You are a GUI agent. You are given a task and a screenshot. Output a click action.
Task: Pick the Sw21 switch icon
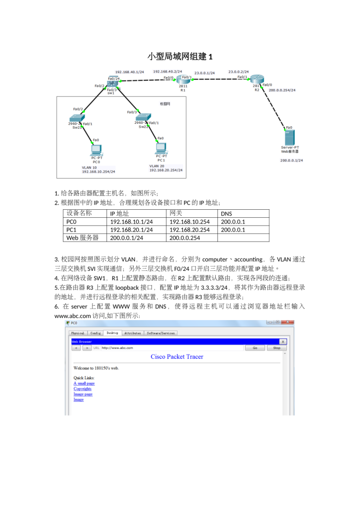[x=77, y=118]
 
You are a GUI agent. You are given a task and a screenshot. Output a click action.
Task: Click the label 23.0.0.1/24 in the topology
[x=204, y=73]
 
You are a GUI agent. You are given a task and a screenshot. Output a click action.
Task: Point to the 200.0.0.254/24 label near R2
[x=282, y=90]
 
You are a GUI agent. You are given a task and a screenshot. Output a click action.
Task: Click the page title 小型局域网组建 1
[x=180, y=56]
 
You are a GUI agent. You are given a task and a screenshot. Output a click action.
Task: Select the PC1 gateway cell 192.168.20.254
[x=189, y=230]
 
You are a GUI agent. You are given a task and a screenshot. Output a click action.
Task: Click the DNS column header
[x=227, y=214]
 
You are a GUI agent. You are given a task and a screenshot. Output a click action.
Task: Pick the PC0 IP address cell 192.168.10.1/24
[x=131, y=222]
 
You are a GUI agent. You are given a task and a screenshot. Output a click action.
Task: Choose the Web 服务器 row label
[x=83, y=238]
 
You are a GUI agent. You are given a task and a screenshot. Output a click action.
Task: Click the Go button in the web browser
[x=255, y=348]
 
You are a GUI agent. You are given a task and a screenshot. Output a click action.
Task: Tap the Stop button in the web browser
[x=277, y=348]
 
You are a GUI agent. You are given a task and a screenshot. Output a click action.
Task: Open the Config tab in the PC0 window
[x=95, y=333]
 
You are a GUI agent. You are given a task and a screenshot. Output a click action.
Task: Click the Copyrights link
[x=83, y=389]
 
